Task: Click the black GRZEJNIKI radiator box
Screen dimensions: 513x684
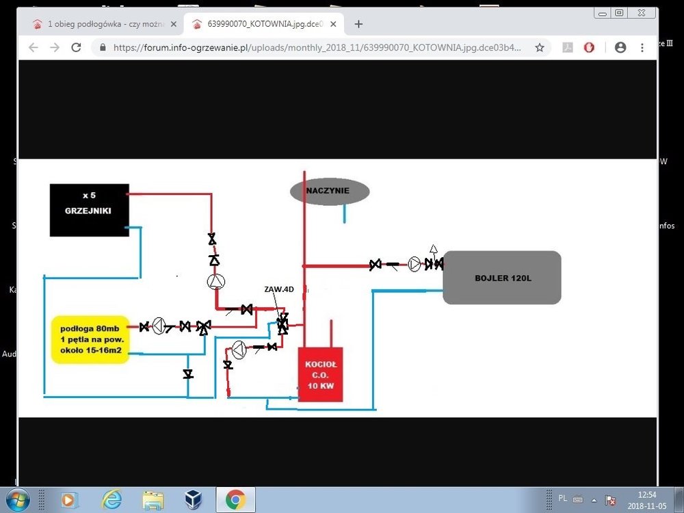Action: point(89,210)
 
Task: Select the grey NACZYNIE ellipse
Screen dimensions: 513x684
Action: point(330,192)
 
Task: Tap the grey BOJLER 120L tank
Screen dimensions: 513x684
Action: point(501,278)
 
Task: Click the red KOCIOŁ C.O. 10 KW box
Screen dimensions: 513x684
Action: point(320,375)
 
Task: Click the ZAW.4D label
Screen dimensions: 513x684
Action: point(279,289)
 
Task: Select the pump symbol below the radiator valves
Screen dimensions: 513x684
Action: point(216,282)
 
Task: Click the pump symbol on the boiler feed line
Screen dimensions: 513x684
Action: point(415,265)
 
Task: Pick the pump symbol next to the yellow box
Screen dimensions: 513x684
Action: point(159,326)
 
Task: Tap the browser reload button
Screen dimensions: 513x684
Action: point(77,48)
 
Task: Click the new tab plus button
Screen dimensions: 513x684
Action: point(358,24)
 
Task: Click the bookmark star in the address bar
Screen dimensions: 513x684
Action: point(540,48)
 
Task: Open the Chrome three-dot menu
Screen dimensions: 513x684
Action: point(642,48)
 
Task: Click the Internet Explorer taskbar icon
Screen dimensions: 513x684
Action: point(111,499)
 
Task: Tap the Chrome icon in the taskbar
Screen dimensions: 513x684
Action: point(235,499)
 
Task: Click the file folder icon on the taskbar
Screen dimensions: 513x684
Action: point(153,499)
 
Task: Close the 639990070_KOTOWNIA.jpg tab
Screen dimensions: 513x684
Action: point(333,24)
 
